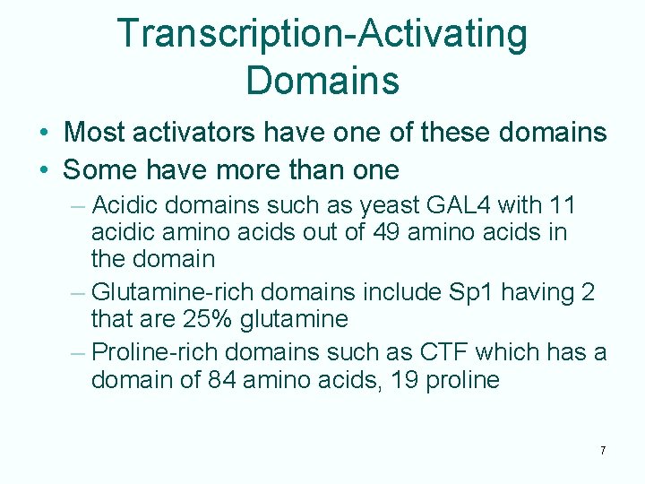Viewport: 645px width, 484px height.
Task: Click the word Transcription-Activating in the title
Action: pyautogui.click(x=322, y=34)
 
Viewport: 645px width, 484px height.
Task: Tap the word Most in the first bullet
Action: pyautogui.click(x=95, y=133)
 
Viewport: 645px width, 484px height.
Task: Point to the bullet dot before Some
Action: pyautogui.click(x=44, y=169)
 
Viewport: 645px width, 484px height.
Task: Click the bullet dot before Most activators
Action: pyautogui.click(x=44, y=134)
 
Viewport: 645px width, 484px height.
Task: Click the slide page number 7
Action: pyautogui.click(x=603, y=450)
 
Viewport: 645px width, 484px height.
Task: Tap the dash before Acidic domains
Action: pyautogui.click(x=77, y=206)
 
